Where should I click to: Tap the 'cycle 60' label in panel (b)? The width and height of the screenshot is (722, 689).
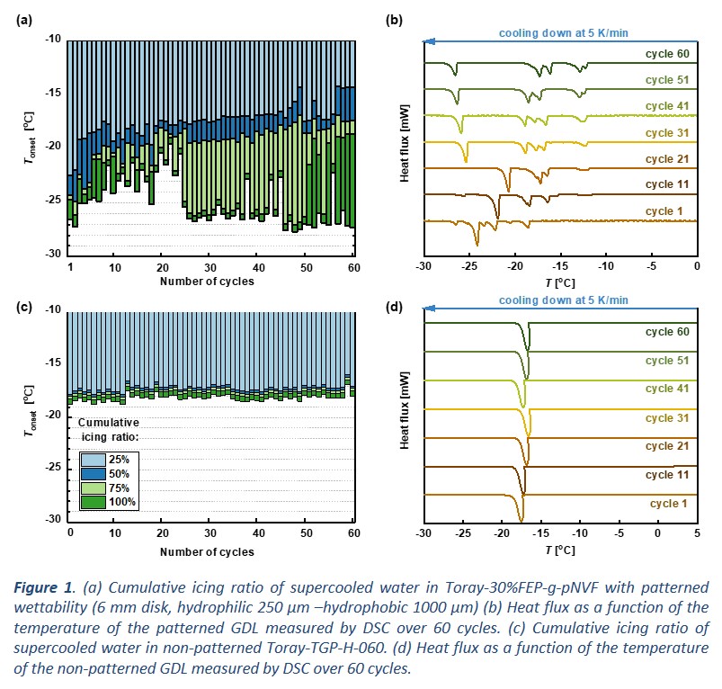click(666, 53)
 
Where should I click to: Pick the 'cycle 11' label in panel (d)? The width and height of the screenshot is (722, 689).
click(666, 474)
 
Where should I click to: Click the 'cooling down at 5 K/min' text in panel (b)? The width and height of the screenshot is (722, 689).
click(564, 33)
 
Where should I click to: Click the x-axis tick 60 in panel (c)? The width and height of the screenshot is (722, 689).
click(352, 532)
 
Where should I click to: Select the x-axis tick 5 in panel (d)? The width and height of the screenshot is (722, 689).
click(697, 532)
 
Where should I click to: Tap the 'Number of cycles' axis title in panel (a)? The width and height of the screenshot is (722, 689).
click(207, 282)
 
